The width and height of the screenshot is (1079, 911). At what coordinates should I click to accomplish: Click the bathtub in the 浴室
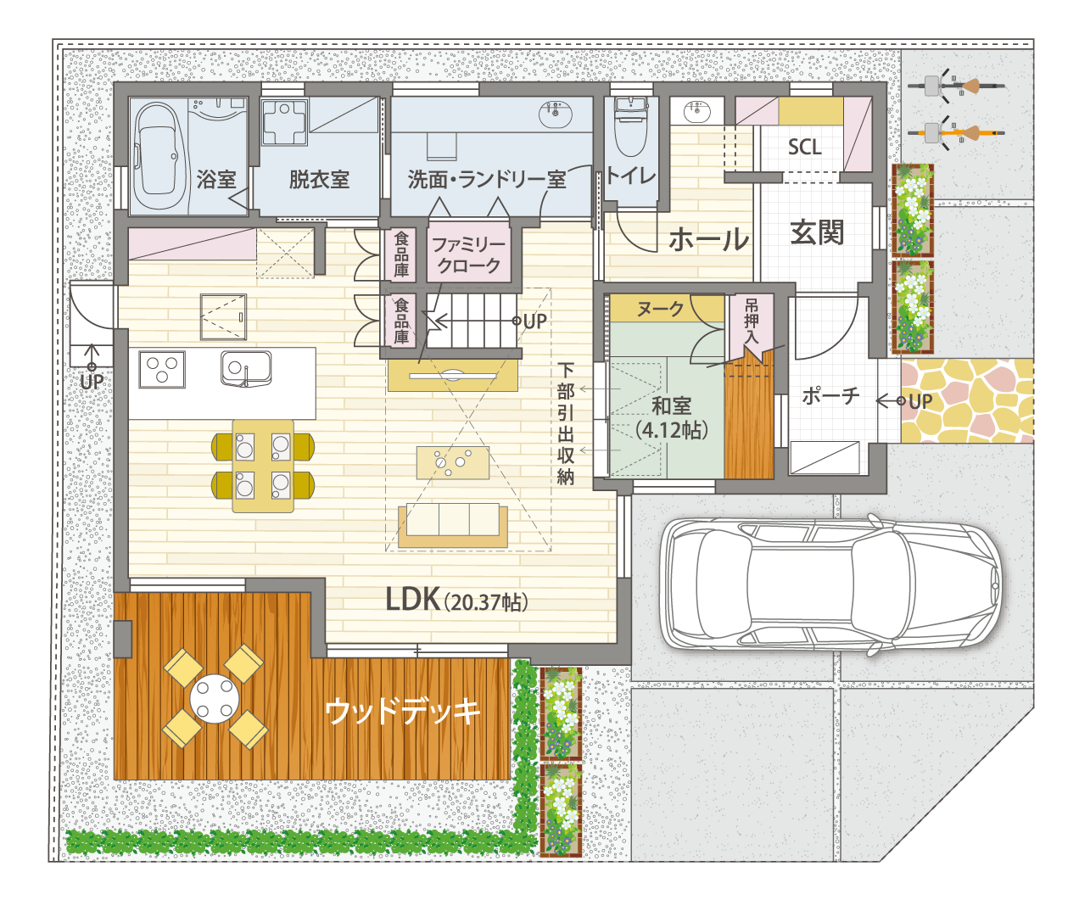point(159,155)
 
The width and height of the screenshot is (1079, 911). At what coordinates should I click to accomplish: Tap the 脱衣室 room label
point(319,179)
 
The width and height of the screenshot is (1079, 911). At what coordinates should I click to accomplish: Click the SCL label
point(805,148)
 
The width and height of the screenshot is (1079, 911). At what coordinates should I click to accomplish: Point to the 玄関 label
point(817,232)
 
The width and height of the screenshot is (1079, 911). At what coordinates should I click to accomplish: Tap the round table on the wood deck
point(215,699)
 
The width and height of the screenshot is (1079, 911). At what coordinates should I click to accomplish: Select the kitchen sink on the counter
point(246,368)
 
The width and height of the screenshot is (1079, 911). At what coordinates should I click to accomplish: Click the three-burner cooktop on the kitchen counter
point(162,369)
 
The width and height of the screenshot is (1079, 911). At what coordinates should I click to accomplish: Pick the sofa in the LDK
point(453,525)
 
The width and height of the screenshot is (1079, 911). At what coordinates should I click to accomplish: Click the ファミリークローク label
point(469,254)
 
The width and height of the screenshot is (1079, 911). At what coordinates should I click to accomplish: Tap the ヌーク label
point(660,309)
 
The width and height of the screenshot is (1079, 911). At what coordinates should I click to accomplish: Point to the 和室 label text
point(671,405)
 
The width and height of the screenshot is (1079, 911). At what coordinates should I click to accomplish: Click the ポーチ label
point(831,396)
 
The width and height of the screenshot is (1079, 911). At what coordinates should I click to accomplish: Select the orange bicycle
point(956,132)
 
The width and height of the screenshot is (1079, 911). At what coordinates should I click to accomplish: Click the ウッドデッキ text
point(403,711)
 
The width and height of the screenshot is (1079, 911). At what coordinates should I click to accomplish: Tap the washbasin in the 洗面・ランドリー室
point(556,114)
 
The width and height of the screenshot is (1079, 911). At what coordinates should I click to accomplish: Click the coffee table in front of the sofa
point(453,462)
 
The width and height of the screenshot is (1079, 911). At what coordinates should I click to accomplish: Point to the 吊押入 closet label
point(752,321)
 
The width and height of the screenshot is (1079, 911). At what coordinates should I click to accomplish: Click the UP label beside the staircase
point(535,321)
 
